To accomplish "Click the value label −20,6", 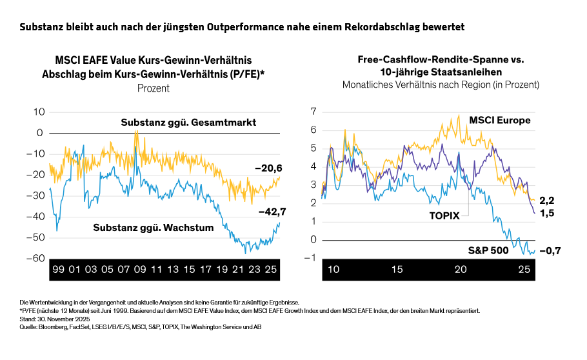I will [x=269, y=168].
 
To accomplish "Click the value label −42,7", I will [x=272, y=211].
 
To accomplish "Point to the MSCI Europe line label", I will [x=500, y=120].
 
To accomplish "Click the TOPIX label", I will [x=444, y=215].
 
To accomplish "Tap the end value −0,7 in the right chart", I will [x=549, y=251].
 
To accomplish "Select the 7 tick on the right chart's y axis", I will [x=313, y=112].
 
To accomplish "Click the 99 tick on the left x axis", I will [x=57, y=270].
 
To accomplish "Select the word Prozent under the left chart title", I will [x=153, y=88].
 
